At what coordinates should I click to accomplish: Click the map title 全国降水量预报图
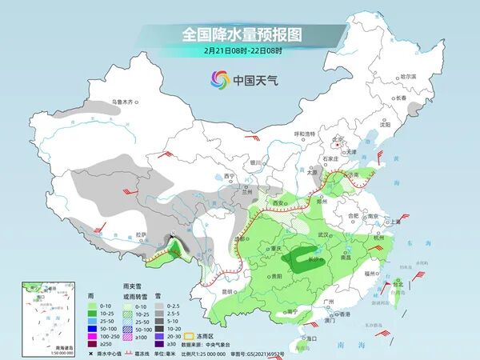coord(240,35)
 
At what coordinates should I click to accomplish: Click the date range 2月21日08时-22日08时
coord(240,50)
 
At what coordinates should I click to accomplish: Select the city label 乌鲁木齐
coord(125,102)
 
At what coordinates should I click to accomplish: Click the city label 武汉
coord(324,234)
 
